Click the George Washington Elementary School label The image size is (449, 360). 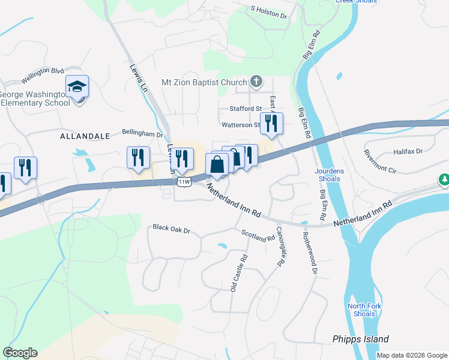pyautogui.click(x=36, y=98)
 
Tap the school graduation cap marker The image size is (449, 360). pyautogui.click(x=77, y=87)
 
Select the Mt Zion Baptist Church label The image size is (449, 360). pyautogui.click(x=204, y=82)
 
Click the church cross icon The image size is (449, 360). pyautogui.click(x=256, y=81)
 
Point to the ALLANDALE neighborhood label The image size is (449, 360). pyautogui.click(x=85, y=136)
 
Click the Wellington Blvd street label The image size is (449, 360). pyautogui.click(x=42, y=74)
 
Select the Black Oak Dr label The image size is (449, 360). pyautogui.click(x=171, y=229)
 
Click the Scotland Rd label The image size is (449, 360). pyautogui.click(x=258, y=235)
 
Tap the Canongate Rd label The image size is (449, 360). pyautogui.click(x=280, y=246)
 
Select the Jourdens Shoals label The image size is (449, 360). pyautogui.click(x=330, y=175)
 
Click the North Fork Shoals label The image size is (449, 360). pyautogui.click(x=364, y=310)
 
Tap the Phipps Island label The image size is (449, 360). pyautogui.click(x=361, y=339)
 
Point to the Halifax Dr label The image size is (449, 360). pyautogui.click(x=408, y=152)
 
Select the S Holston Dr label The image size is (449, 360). pyautogui.click(x=269, y=11)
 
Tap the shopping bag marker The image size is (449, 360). pyautogui.click(x=217, y=164)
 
